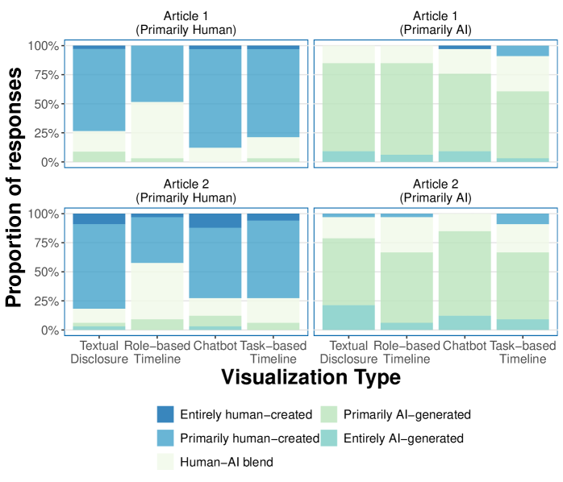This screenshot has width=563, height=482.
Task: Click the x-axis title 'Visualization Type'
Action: (x=311, y=376)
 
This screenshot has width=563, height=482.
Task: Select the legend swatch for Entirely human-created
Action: (x=166, y=414)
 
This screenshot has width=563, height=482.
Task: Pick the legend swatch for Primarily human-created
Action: (x=166, y=438)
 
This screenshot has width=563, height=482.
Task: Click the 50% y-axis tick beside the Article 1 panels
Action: (x=45, y=104)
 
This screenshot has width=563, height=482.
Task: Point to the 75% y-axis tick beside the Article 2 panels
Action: (x=45, y=243)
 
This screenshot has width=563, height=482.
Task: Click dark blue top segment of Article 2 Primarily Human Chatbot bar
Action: (x=215, y=220)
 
